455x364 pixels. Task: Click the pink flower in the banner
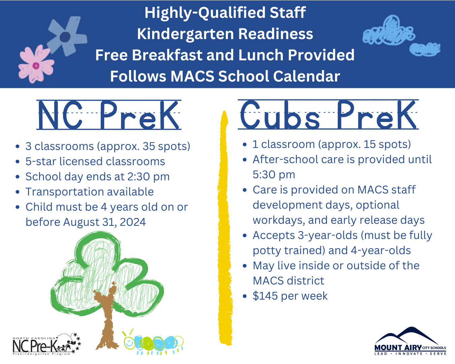pyautogui.click(x=36, y=65)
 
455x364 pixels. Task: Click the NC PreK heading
pyautogui.click(x=109, y=115)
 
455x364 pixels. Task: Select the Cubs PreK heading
pyautogui.click(x=328, y=115)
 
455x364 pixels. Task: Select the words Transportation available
pyautogui.click(x=90, y=192)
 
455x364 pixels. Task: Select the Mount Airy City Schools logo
pyautogui.click(x=410, y=342)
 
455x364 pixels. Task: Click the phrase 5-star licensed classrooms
pyautogui.click(x=95, y=161)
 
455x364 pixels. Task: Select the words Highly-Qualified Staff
pyautogui.click(x=225, y=13)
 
